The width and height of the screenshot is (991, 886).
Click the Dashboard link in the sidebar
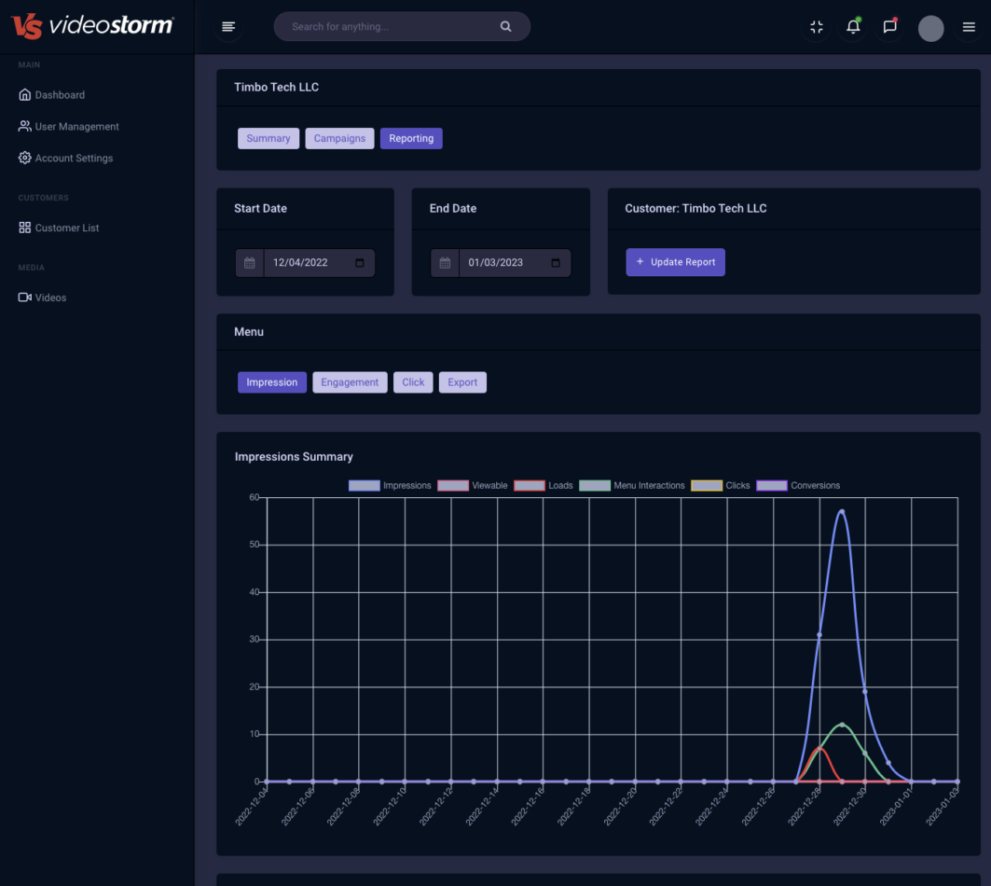point(59,95)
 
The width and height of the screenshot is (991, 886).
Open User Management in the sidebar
point(76,127)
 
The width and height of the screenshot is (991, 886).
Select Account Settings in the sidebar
point(74,159)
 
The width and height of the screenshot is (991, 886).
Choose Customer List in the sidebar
point(66,228)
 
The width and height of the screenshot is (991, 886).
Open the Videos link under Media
point(50,298)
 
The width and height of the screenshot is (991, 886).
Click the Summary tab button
point(268,138)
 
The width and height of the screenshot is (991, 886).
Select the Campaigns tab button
point(339,138)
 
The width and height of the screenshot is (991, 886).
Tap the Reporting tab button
point(411,138)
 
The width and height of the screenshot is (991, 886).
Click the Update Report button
point(675,262)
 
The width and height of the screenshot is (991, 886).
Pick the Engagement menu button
point(350,382)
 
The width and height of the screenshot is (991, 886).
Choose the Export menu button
point(462,382)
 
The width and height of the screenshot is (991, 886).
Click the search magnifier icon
point(505,27)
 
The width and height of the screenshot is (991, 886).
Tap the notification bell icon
point(853,27)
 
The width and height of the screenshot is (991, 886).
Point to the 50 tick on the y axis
point(254,545)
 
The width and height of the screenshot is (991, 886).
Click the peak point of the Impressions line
point(842,511)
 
